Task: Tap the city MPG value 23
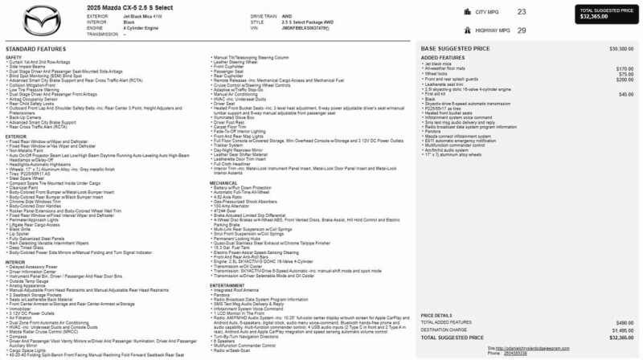522,12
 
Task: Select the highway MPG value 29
522,30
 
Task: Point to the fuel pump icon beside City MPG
465,12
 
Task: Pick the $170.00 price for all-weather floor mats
625,69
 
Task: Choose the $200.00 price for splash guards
625,80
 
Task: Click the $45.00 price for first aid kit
626,94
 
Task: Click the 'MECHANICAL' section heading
224,183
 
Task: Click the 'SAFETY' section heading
14,57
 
